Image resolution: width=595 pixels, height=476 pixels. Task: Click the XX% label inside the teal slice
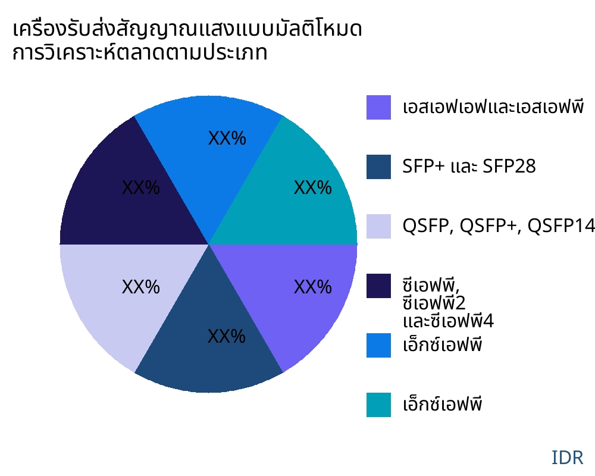312,188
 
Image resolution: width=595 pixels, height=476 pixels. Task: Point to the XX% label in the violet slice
312,287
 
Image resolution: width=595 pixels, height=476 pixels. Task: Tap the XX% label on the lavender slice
141,287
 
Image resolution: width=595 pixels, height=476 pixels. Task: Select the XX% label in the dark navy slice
141,188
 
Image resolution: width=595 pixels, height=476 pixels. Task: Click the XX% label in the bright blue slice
227,139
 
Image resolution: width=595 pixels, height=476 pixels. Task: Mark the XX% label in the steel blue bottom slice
227,337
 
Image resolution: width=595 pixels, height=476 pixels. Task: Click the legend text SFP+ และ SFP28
469,167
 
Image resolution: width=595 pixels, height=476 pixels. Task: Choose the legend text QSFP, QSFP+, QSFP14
499,226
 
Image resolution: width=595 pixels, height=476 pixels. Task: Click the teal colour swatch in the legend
378,405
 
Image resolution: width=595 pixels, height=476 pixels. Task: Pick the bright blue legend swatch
378,345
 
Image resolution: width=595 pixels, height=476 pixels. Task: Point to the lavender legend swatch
378,226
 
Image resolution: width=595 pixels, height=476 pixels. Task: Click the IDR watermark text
567,458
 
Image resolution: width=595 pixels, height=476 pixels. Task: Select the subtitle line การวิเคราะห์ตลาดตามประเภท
140,53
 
